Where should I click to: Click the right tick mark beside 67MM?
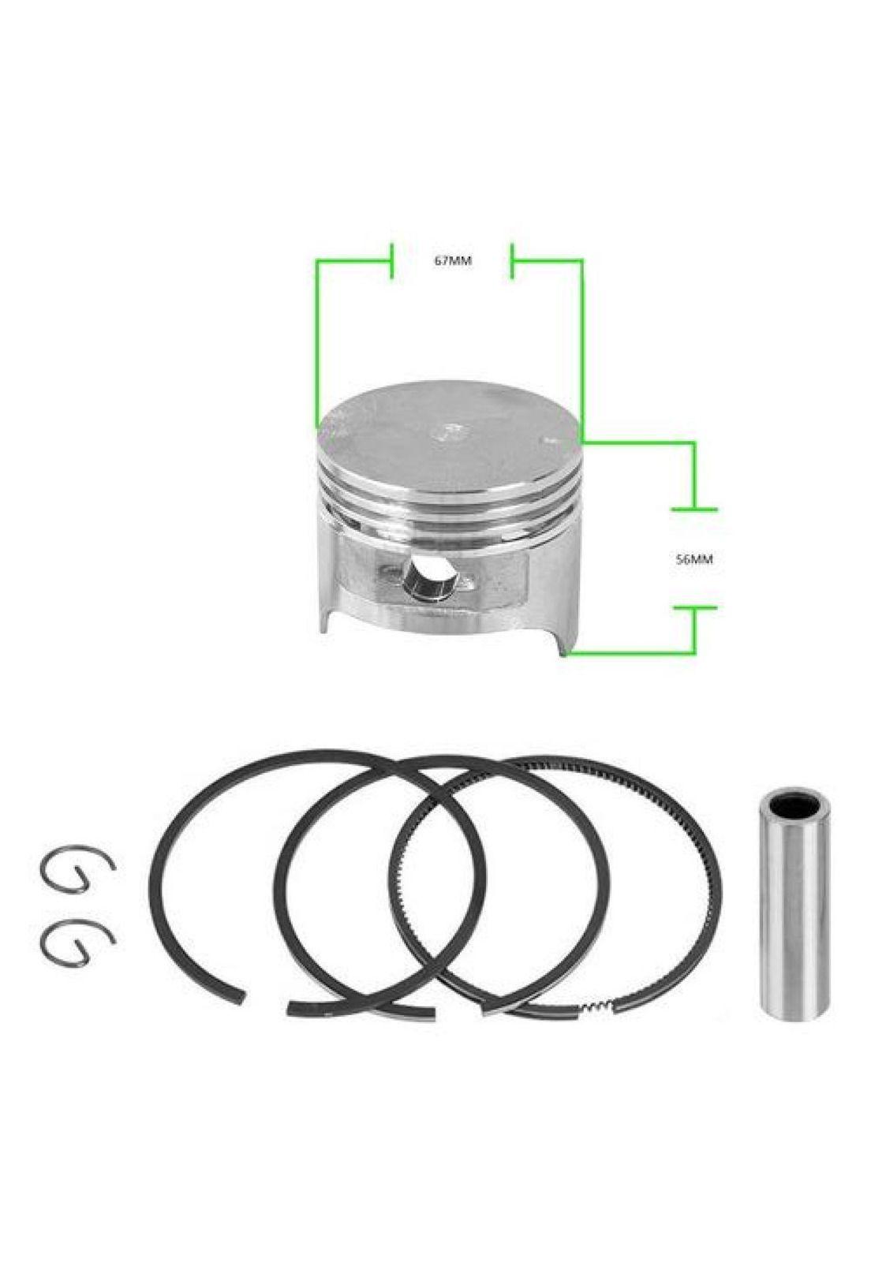coord(511,261)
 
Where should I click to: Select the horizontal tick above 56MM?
coord(694,509)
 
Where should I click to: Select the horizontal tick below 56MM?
coord(694,608)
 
